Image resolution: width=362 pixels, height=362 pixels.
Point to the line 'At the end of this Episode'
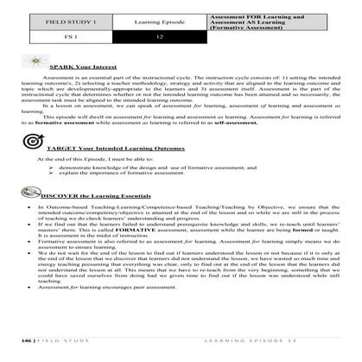[x=104, y=159]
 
